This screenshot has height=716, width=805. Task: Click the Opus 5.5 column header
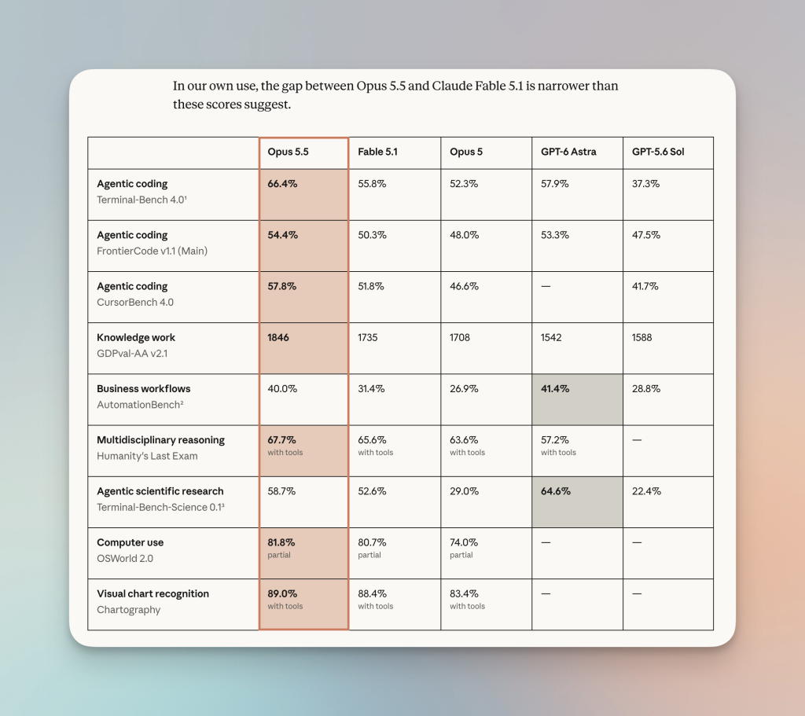tap(288, 152)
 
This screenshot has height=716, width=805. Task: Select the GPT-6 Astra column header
tap(568, 152)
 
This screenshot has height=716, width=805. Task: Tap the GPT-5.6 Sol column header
tap(658, 152)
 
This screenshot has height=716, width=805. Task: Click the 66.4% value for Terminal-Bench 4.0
tap(282, 184)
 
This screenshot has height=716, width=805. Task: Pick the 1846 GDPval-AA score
tap(278, 338)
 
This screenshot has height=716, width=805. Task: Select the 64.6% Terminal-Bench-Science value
tap(556, 491)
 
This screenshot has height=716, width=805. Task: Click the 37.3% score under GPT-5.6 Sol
tap(646, 184)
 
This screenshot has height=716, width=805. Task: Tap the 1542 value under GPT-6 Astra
tap(551, 338)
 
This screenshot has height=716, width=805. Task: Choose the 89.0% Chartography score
tap(282, 594)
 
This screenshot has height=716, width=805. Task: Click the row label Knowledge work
tap(136, 338)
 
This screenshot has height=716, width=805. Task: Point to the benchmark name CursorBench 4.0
tap(135, 303)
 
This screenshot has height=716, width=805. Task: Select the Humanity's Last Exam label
tap(147, 457)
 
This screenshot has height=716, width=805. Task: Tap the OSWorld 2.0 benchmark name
tap(125, 559)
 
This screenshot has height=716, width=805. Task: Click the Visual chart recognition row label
tap(153, 594)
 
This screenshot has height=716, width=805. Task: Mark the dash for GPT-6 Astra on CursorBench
tap(546, 286)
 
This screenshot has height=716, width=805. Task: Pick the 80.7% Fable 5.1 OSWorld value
tap(372, 542)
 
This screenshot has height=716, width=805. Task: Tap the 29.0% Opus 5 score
tap(464, 491)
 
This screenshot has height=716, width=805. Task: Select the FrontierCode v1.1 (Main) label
tap(152, 251)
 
